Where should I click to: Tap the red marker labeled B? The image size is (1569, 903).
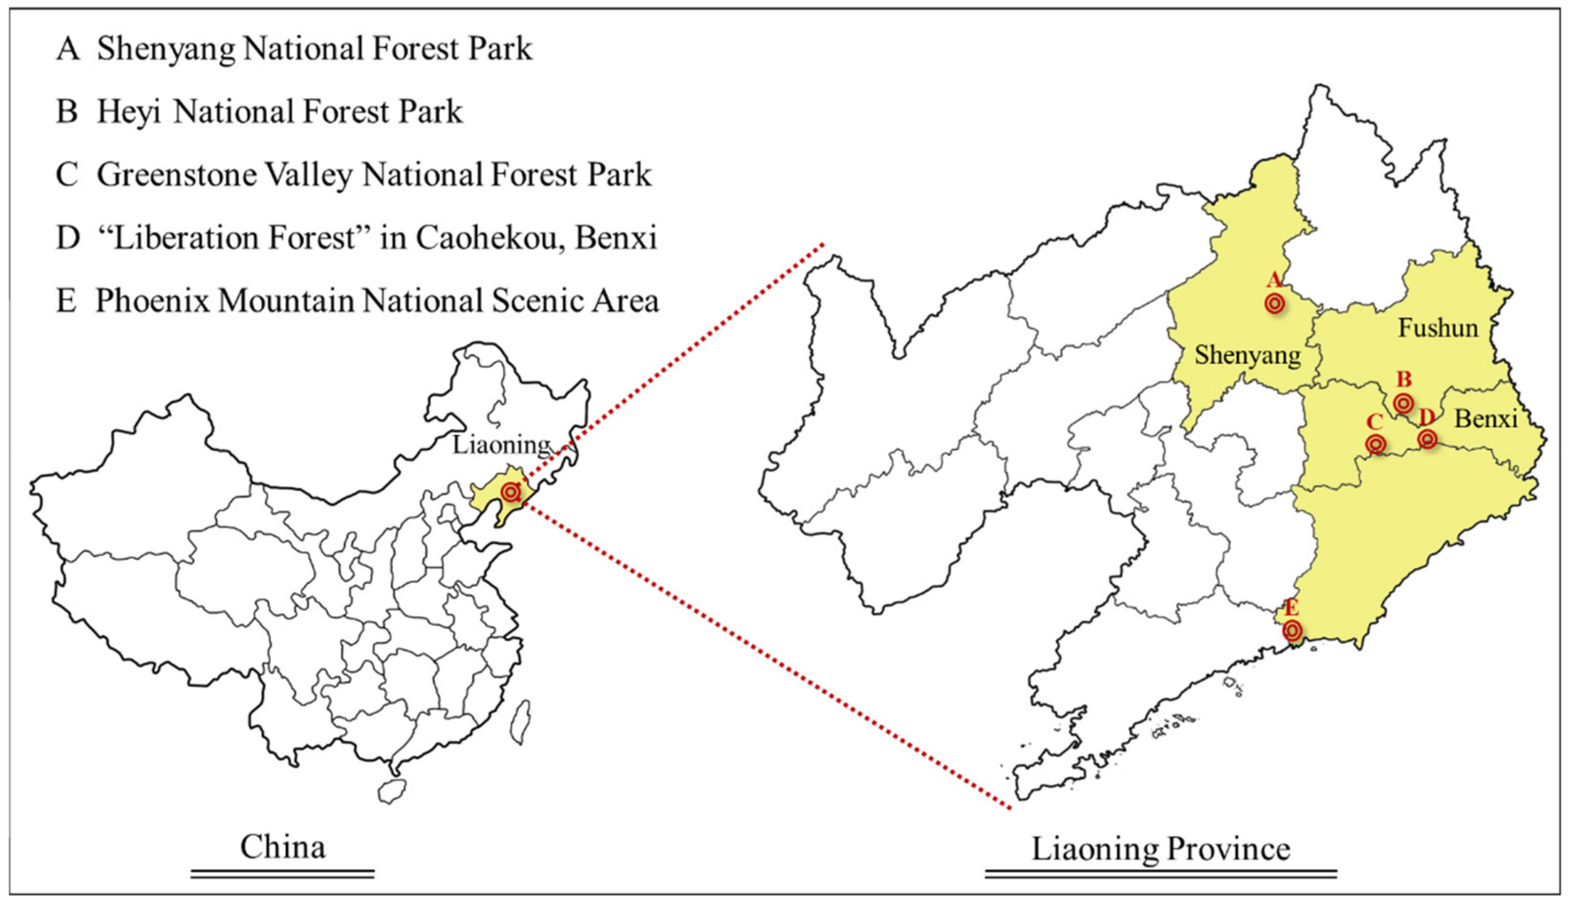(1403, 403)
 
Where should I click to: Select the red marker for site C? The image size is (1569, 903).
(1375, 444)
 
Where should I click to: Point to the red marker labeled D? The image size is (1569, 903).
(1427, 439)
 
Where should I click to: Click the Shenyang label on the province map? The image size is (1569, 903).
(1247, 356)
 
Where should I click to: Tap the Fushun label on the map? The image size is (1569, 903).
(1438, 327)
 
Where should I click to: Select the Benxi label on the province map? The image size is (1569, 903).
(1485, 419)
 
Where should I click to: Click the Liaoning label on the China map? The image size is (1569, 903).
(501, 444)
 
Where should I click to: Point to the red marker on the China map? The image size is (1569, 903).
(511, 492)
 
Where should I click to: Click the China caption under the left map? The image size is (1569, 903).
(283, 847)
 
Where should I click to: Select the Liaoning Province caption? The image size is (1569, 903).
(1161, 849)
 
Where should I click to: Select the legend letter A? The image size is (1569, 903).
(68, 49)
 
